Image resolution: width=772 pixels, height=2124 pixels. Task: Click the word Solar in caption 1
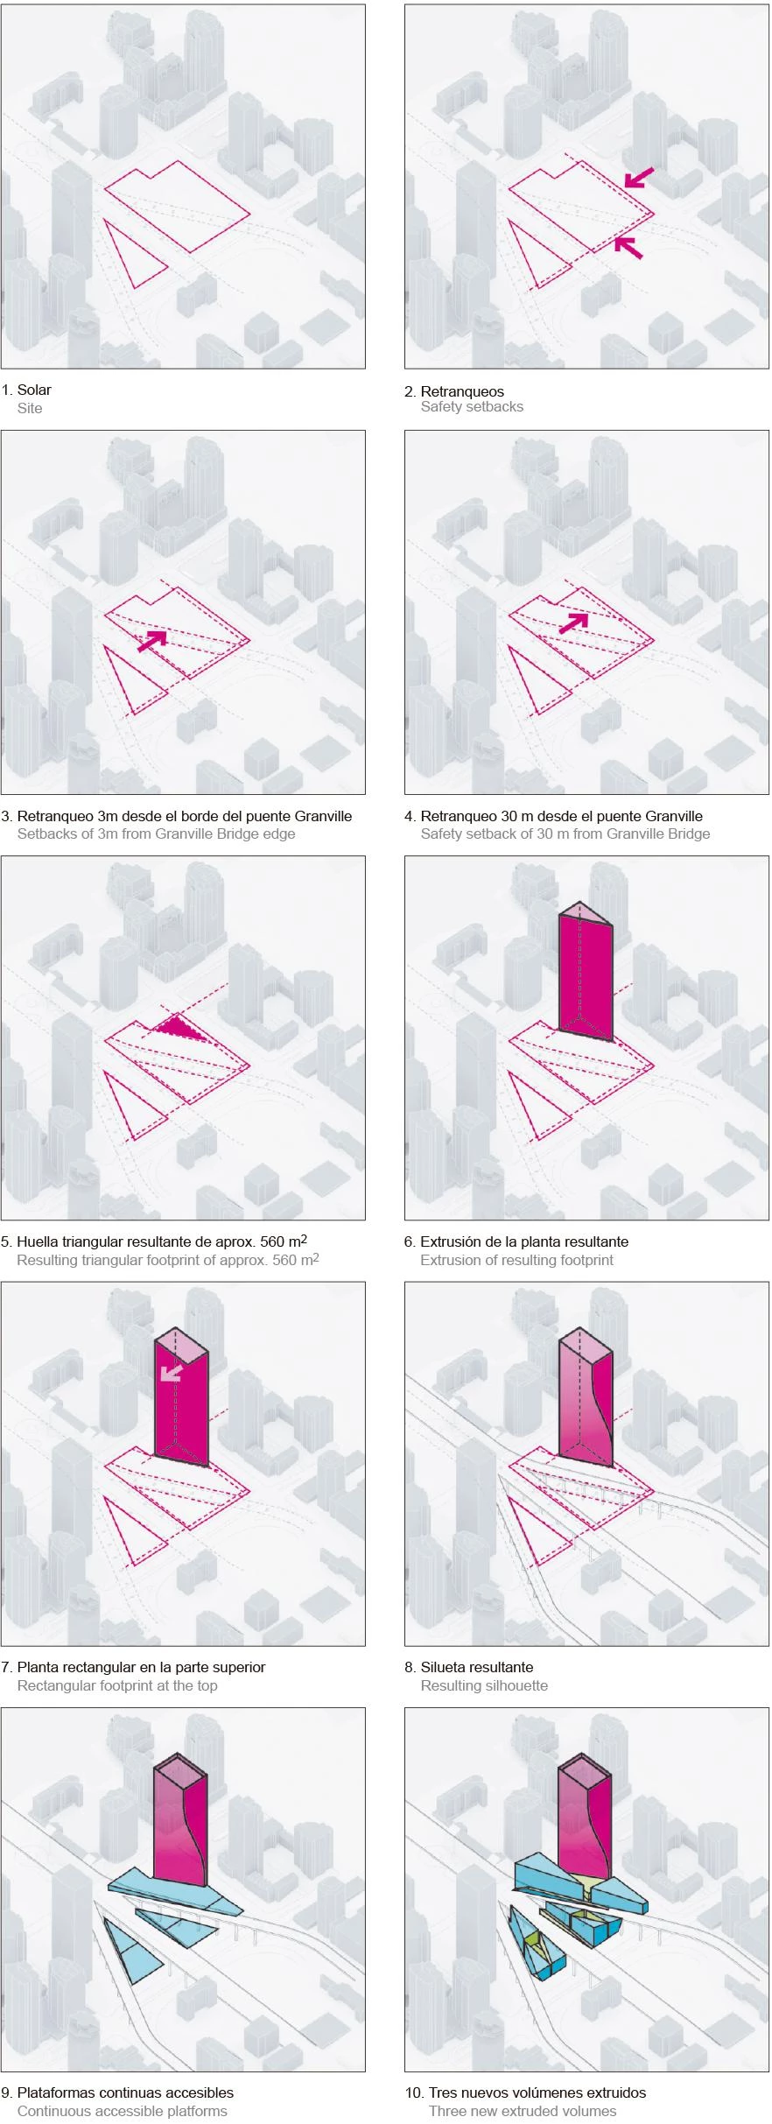(x=34, y=390)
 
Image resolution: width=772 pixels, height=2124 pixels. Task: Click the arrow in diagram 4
(x=573, y=622)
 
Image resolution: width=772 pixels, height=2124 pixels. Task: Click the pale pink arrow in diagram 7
(x=171, y=1372)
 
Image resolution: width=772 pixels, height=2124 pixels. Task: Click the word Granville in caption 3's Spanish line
(x=324, y=816)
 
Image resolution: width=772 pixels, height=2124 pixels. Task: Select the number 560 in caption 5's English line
(x=284, y=1260)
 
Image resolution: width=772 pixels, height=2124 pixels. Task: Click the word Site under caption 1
(x=30, y=408)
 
